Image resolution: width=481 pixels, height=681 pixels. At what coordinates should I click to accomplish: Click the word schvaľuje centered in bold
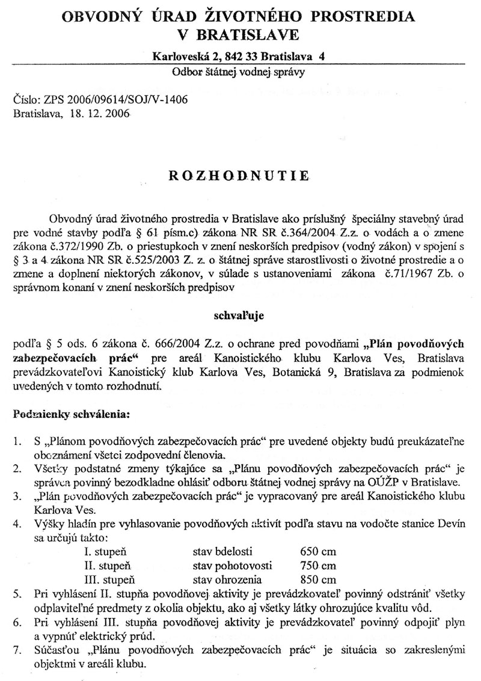click(239, 314)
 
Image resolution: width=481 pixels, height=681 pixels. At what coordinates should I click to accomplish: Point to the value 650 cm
click(317, 551)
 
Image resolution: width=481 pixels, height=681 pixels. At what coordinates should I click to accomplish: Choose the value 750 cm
click(317, 566)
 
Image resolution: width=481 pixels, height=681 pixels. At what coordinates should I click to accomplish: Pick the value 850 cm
click(317, 580)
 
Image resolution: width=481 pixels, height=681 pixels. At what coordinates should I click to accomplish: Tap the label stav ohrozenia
click(227, 580)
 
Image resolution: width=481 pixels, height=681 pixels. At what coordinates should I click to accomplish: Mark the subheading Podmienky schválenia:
click(72, 414)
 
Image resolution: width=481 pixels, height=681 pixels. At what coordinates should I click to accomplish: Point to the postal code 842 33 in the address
click(245, 57)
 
